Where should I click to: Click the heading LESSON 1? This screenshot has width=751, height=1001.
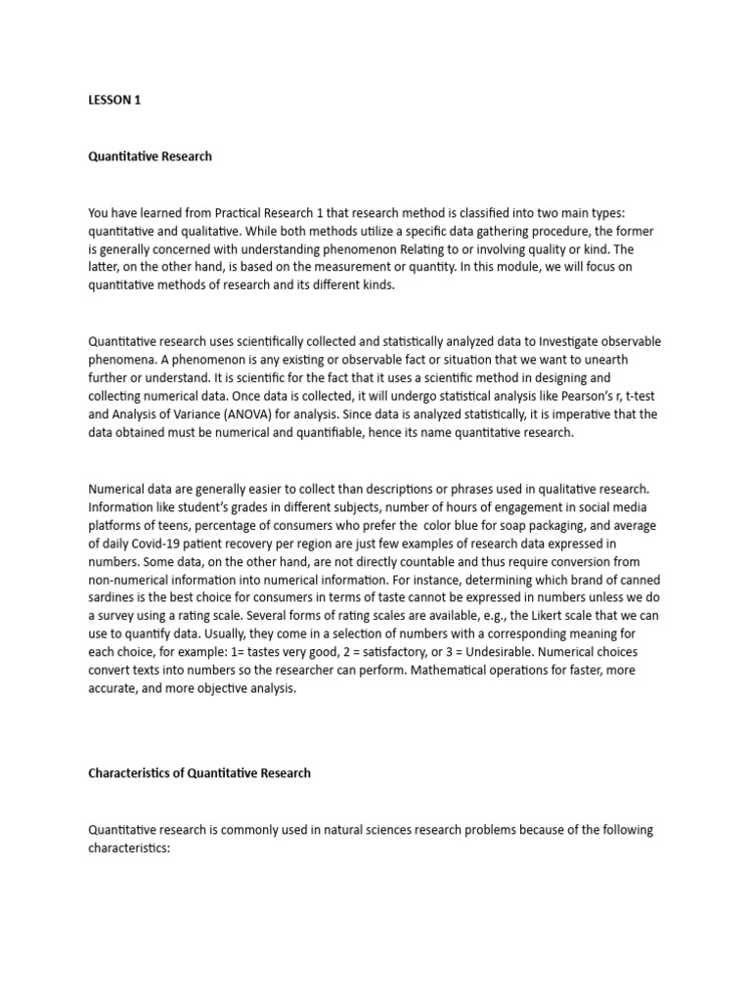pyautogui.click(x=114, y=100)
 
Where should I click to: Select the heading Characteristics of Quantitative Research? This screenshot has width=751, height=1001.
pyautogui.click(x=199, y=772)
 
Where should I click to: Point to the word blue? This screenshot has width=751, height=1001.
pyautogui.click(x=481, y=525)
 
